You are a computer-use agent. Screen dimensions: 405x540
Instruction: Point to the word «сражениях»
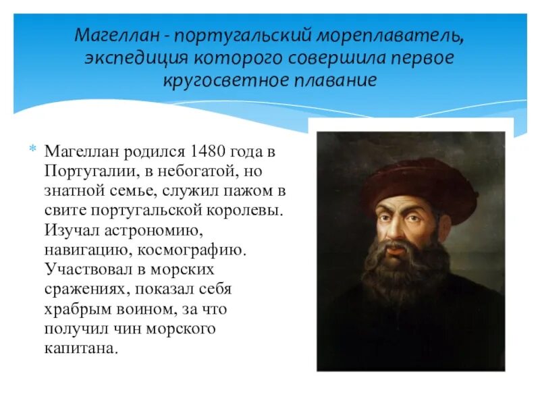(86, 290)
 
